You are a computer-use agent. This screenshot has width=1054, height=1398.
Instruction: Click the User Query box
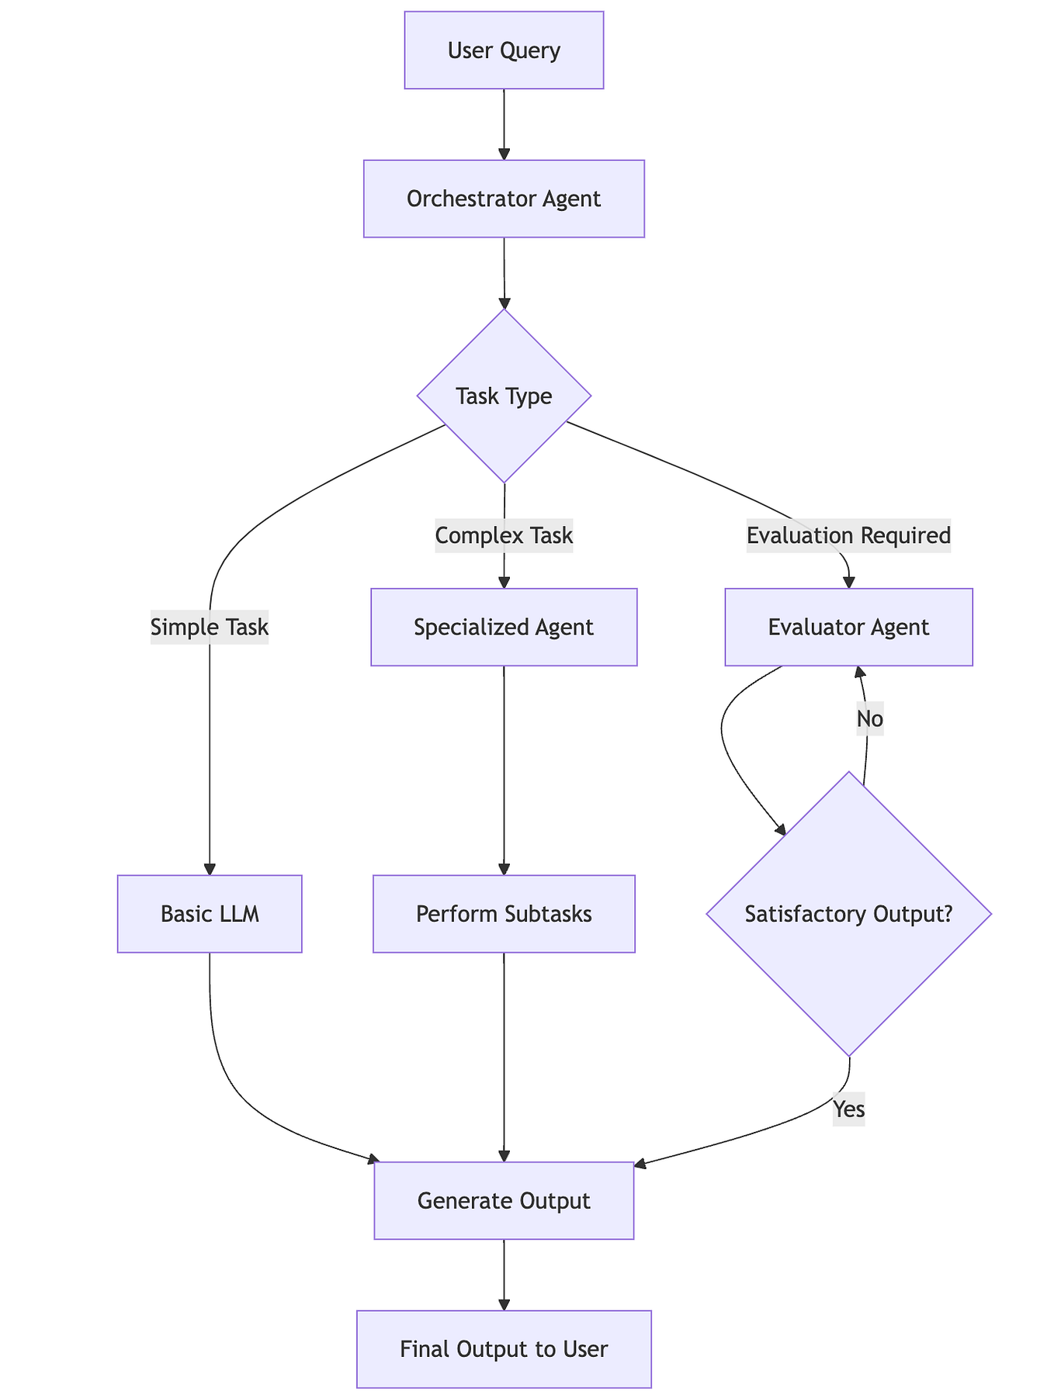click(504, 50)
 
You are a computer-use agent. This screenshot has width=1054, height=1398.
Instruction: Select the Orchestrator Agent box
click(504, 199)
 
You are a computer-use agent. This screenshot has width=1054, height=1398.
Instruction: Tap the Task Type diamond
click(504, 396)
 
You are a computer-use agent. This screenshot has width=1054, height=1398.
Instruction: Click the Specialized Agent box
click(504, 627)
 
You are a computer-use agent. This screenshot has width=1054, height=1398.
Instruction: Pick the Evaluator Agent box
click(848, 627)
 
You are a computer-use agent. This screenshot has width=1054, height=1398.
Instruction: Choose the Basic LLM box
click(210, 914)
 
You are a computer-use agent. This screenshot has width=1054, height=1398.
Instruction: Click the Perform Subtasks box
click(504, 914)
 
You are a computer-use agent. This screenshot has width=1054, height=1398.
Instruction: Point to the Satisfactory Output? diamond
click(848, 914)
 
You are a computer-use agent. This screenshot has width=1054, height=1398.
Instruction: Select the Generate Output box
click(504, 1200)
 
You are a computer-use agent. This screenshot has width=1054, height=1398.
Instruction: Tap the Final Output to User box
click(504, 1349)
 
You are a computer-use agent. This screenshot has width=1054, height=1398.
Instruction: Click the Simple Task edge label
click(210, 627)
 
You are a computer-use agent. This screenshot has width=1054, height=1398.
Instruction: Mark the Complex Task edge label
click(504, 535)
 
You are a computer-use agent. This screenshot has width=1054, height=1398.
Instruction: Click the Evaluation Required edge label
click(848, 535)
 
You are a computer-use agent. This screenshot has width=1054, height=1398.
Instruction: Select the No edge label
click(869, 719)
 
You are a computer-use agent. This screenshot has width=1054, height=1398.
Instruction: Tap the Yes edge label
click(848, 1109)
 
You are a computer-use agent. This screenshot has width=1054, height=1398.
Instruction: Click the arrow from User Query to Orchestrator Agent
click(504, 124)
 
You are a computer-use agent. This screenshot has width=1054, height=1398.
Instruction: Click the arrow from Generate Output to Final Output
click(504, 1275)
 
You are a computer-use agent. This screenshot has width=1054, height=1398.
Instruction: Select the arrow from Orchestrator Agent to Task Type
click(504, 273)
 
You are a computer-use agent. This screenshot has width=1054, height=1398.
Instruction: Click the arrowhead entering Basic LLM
click(210, 869)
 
